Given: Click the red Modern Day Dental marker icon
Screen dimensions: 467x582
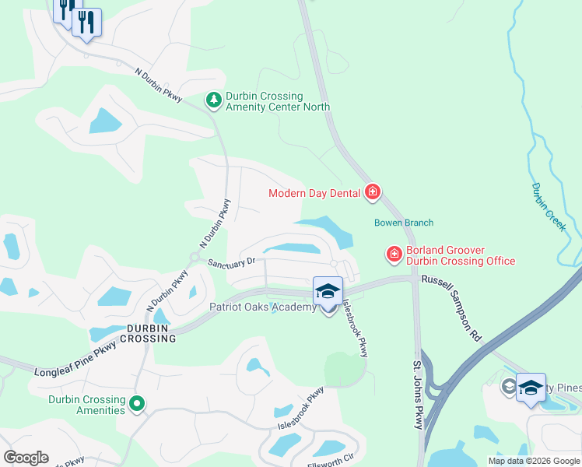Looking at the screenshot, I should pyautogui.click(x=373, y=192).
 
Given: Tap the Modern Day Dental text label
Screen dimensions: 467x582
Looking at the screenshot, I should pyautogui.click(x=314, y=193).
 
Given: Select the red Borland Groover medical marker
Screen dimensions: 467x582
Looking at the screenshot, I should pyautogui.click(x=394, y=254).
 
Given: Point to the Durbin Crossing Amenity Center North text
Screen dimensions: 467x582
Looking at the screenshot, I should pyautogui.click(x=277, y=101).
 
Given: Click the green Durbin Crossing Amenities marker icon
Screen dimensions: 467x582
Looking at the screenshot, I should pyautogui.click(x=137, y=403).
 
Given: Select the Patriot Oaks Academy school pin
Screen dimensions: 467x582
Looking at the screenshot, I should pyautogui.click(x=328, y=293).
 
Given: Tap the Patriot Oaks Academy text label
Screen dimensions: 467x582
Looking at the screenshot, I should pyautogui.click(x=262, y=307).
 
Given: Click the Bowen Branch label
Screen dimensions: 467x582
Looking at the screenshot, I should pyautogui.click(x=403, y=223).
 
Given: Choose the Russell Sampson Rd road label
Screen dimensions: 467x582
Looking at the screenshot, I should pyautogui.click(x=451, y=307).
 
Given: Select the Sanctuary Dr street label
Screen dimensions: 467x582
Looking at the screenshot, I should pyautogui.click(x=231, y=262).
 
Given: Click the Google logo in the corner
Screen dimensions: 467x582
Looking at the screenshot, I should pyautogui.click(x=26, y=458).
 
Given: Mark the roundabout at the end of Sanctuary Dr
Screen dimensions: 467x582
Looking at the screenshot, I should pyautogui.click(x=195, y=258).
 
